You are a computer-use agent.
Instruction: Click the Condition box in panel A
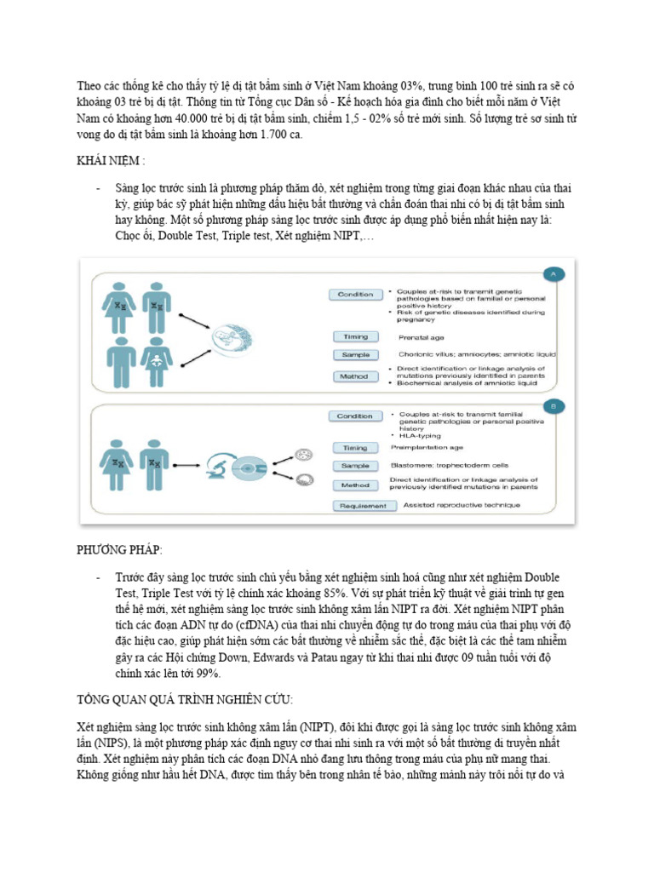point(355,295)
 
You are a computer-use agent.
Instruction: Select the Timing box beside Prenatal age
point(355,336)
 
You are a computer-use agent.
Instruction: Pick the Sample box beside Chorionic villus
point(355,354)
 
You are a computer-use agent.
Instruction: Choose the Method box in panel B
point(355,485)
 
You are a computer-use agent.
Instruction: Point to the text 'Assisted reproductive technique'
point(450,505)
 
